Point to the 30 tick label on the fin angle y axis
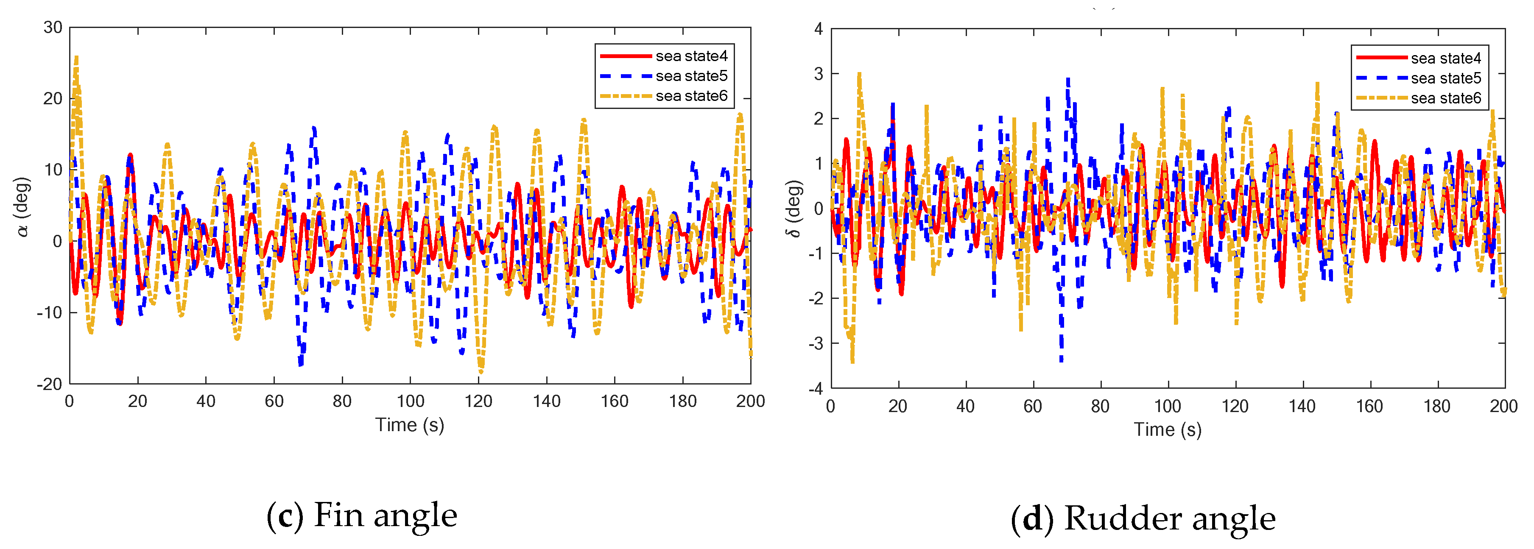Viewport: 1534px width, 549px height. pos(53,28)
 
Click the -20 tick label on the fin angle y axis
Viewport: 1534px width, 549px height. pos(50,384)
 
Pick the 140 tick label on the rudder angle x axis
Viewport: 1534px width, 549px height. pos(1302,407)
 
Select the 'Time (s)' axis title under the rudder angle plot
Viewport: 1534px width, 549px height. pos(1167,430)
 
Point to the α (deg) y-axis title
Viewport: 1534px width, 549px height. pos(22,206)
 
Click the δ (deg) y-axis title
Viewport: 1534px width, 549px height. pos(794,209)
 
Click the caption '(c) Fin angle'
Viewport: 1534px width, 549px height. pos(361,516)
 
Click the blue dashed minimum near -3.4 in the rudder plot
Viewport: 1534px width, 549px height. pos(1061,359)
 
